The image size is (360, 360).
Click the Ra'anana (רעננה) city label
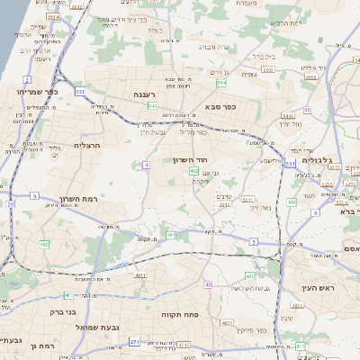(x=144, y=94)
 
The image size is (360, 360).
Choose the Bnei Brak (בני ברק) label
(x=60, y=314)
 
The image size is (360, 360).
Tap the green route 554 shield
(x=221, y=84)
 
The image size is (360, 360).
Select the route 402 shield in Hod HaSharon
(x=193, y=170)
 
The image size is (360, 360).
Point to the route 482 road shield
(x=44, y=244)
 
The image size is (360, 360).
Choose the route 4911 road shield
(x=140, y=275)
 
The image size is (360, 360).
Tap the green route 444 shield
(x=291, y=202)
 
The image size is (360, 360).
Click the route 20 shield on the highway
(x=11, y=204)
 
